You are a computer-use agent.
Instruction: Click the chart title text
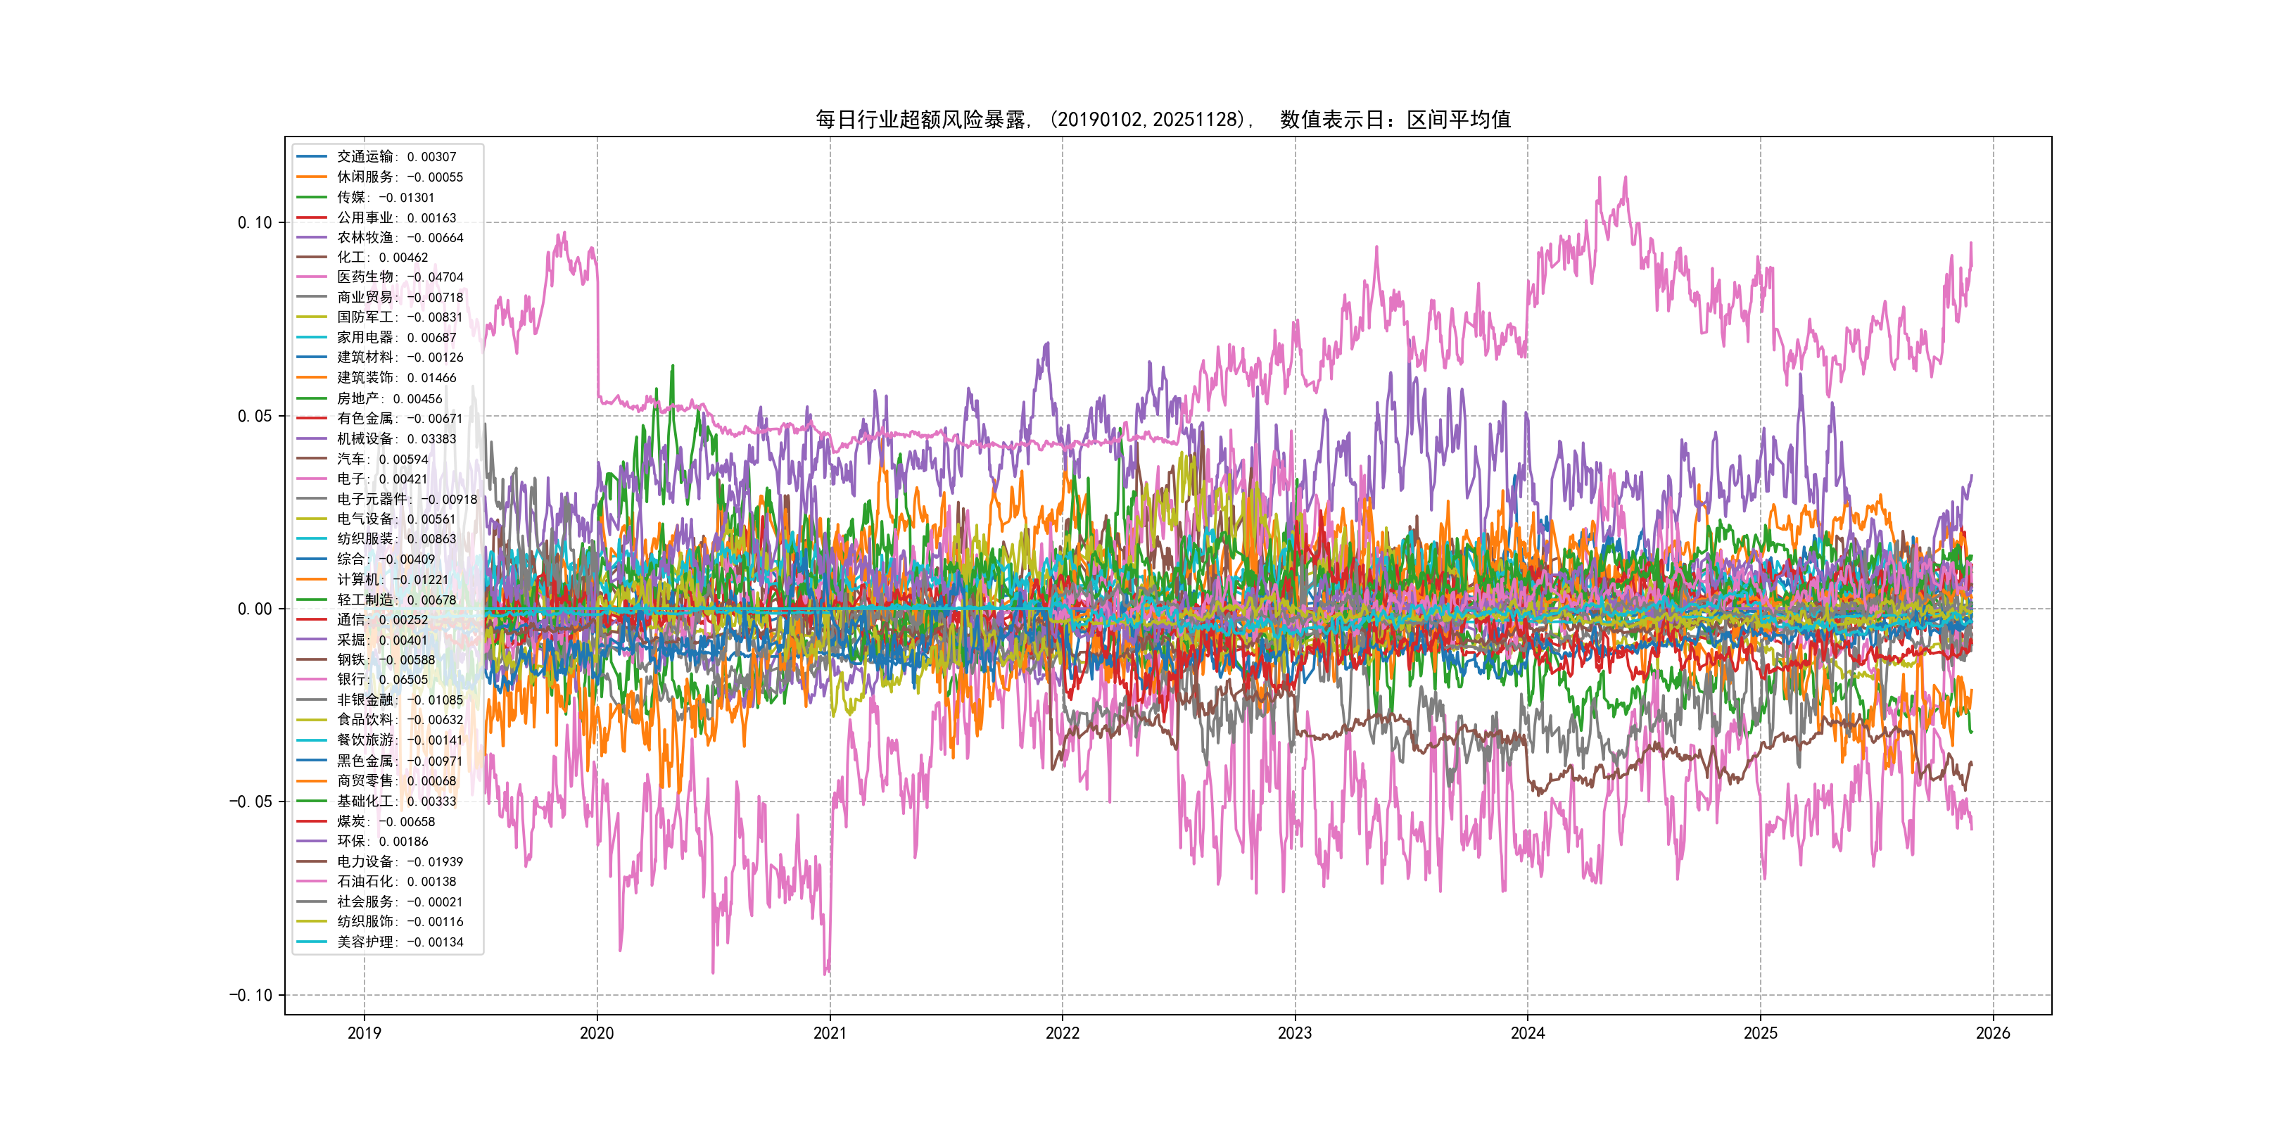[x=1163, y=120]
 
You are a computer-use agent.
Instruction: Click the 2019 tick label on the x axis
[x=364, y=1033]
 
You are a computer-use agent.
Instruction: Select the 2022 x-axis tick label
[x=1062, y=1033]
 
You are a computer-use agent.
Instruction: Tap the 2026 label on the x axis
[x=1993, y=1033]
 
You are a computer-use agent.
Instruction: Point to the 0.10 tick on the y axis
[x=255, y=223]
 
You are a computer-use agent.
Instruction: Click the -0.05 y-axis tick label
[x=251, y=802]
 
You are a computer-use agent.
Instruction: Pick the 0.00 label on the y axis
[x=255, y=609]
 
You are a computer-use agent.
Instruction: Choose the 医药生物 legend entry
[x=399, y=277]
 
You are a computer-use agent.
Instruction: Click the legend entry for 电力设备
[x=399, y=861]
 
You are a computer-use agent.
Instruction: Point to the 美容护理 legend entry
[x=399, y=942]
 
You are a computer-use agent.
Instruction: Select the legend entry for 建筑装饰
[x=395, y=378]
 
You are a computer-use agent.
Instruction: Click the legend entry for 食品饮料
[x=399, y=720]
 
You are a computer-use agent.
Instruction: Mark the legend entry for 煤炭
[x=385, y=821]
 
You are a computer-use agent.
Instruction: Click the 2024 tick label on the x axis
[x=1528, y=1033]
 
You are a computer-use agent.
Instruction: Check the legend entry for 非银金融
[x=399, y=700]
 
